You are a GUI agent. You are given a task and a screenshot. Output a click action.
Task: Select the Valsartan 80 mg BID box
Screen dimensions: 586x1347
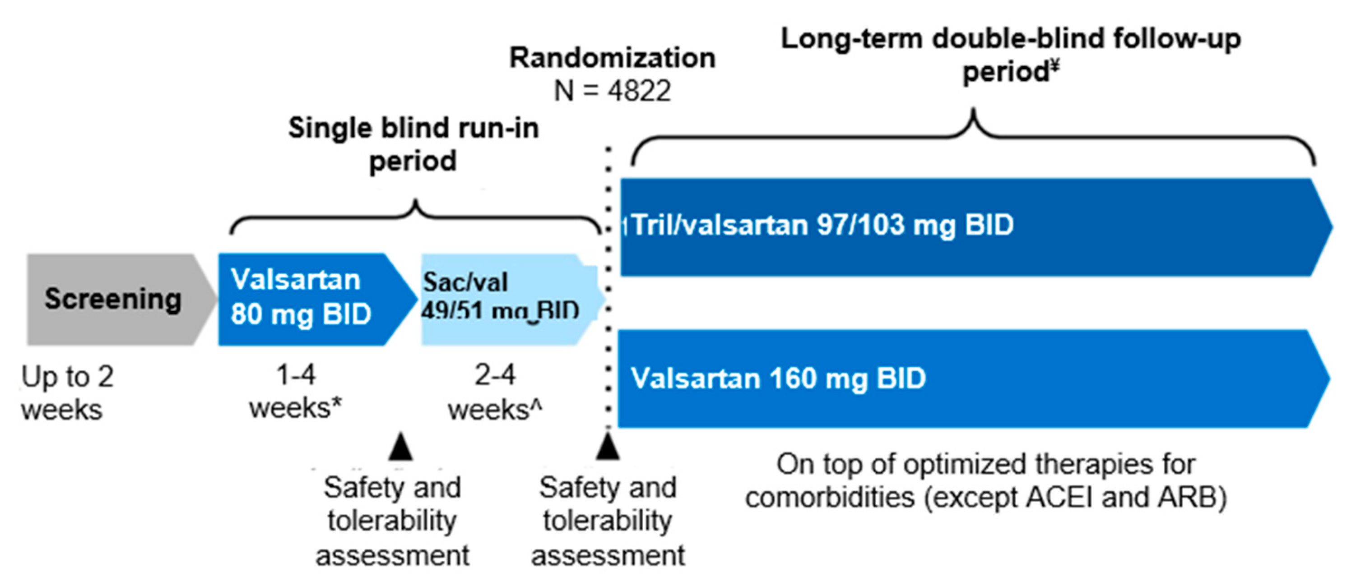click(308, 299)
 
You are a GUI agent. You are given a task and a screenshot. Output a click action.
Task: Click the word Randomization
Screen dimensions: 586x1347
click(612, 57)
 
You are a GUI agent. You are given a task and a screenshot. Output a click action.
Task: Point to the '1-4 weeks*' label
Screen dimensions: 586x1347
click(295, 392)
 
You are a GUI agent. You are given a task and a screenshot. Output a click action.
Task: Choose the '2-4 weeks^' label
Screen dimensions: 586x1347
click(495, 392)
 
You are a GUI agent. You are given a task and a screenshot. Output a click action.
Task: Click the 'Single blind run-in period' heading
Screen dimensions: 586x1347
click(413, 144)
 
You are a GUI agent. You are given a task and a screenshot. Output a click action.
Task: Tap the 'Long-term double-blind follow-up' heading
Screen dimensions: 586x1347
click(1010, 39)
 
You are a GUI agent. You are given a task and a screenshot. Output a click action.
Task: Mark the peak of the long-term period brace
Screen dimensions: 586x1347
click(973, 112)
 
